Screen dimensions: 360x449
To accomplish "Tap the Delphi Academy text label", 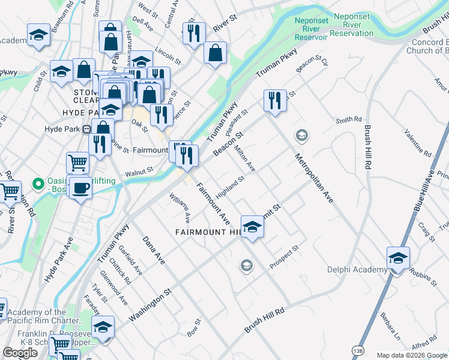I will point(357,269).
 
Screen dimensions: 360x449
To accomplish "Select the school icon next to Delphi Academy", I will point(397,259).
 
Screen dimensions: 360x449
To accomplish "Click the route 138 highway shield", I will point(358,348).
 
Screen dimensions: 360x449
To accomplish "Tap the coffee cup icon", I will point(81,188).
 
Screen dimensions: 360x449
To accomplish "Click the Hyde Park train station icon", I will point(87,129).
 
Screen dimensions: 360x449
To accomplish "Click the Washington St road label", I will point(150,303).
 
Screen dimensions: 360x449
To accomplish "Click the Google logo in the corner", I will point(20,353).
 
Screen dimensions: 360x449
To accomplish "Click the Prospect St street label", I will point(284,256).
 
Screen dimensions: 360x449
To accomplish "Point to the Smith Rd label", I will point(349,120).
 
